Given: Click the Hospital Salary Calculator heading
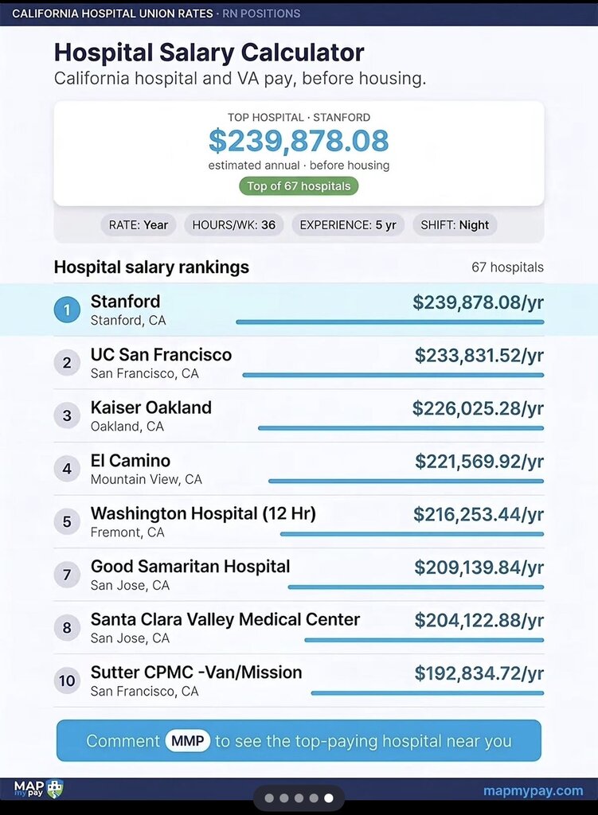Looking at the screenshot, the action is coord(209,53).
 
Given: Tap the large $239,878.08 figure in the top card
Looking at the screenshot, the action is coord(299,141).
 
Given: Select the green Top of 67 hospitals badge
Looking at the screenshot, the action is coord(299,186).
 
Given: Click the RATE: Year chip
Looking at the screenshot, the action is coord(139,225).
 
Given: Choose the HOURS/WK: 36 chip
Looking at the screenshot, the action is coord(234,225).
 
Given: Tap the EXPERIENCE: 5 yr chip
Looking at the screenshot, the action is coord(348,225).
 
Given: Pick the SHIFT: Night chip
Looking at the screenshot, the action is coord(455,225).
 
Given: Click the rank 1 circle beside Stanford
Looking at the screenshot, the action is coord(67,310).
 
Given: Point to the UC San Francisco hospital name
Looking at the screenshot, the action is coord(161,354).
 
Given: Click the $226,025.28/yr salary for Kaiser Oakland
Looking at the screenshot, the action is coord(478,408).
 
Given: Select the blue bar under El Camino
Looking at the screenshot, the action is coord(406,482).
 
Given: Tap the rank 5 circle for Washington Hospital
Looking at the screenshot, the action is coord(67,521).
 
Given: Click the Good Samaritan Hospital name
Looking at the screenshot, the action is coord(190,566).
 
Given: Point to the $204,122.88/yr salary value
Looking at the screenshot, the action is coord(479,620).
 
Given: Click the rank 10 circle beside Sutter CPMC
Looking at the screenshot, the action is coord(67,680).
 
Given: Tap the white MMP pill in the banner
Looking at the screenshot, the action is coord(188,741).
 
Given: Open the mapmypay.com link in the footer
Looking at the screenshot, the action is coord(533,790).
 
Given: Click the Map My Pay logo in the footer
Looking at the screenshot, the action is coord(38,790).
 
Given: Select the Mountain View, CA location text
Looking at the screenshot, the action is coord(147,479).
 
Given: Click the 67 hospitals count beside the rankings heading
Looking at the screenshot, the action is coord(507,267).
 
